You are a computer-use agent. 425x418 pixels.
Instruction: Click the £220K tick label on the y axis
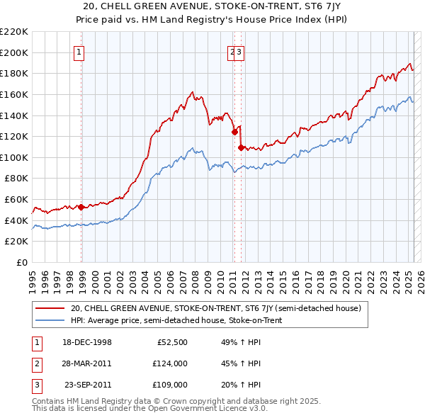[14, 32]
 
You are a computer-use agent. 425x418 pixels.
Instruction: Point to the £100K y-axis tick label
[14, 157]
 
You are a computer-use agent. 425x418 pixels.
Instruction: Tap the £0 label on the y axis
[21, 263]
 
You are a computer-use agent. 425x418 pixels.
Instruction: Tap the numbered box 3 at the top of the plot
[239, 52]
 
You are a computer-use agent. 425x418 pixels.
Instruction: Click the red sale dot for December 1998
[81, 207]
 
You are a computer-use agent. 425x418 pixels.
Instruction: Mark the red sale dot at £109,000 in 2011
[241, 147]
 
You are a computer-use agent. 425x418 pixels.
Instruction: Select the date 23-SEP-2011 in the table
[88, 385]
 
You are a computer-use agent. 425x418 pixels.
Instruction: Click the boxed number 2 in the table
[36, 364]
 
